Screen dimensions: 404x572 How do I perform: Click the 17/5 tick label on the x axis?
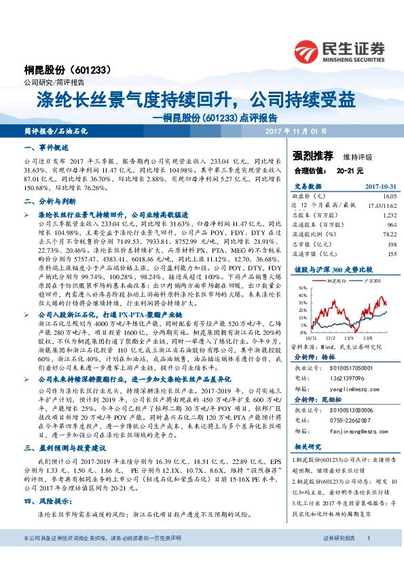pyautogui.click(x=345, y=336)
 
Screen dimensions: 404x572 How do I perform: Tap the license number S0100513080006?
pyautogui.click(x=346, y=410)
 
